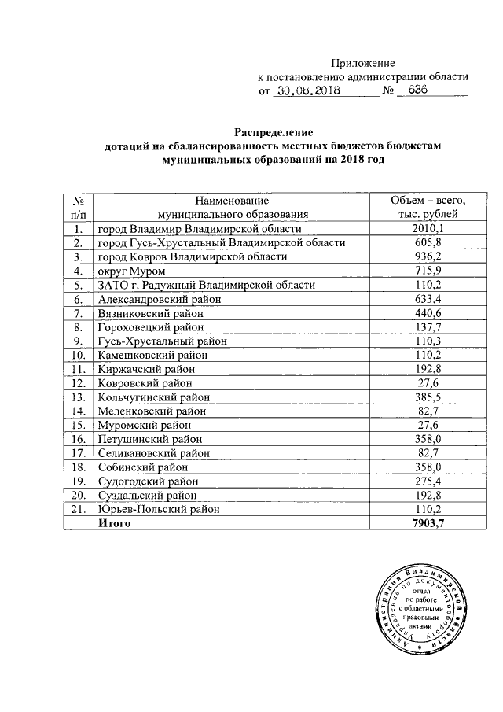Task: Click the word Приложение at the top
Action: pos(363,63)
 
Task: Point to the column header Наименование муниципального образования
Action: pos(233,207)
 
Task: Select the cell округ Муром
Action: pos(130,271)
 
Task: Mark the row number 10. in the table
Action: pos(78,355)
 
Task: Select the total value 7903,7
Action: pos(429,523)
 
